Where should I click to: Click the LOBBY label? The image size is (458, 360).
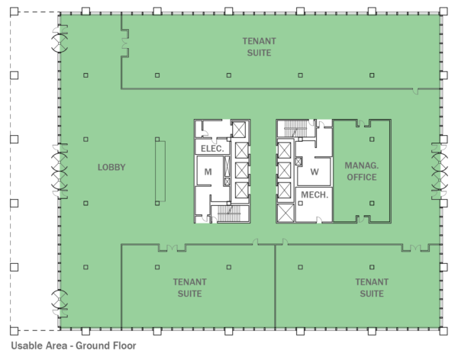pos(111,167)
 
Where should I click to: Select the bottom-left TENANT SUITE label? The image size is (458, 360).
pos(186,288)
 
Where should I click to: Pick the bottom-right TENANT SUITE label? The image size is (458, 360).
pos(371,288)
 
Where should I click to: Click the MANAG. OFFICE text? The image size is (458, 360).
pos(361,171)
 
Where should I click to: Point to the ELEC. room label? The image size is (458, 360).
pos(211,148)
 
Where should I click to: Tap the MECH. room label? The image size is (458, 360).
pos(314,195)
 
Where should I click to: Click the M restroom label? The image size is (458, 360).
pos(207,172)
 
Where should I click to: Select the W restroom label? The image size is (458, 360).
pos(314,172)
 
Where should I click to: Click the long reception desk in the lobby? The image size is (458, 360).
pos(159,171)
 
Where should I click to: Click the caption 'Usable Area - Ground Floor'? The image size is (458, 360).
pos(73,345)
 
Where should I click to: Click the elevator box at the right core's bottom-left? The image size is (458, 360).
pos(285,213)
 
